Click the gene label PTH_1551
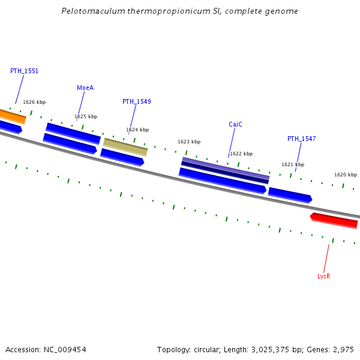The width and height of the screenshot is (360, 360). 24,71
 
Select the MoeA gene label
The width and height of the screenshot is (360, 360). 85,88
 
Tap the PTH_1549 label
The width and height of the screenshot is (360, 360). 136,101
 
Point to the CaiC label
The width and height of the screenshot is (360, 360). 235,124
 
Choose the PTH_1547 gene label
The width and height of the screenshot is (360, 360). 301,139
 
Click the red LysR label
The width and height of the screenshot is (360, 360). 324,276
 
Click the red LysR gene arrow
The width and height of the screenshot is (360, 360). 334,220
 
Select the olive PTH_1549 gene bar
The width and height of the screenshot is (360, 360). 125,146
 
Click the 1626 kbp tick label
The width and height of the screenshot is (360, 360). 34,102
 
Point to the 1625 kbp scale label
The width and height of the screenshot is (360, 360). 86,116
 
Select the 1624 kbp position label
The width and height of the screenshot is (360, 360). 137,130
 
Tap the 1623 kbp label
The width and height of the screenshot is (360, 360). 189,142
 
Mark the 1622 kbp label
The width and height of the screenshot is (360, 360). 241,154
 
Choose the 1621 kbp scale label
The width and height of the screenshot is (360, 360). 293,164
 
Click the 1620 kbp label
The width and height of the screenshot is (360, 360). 345,175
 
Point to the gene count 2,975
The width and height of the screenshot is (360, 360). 343,349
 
